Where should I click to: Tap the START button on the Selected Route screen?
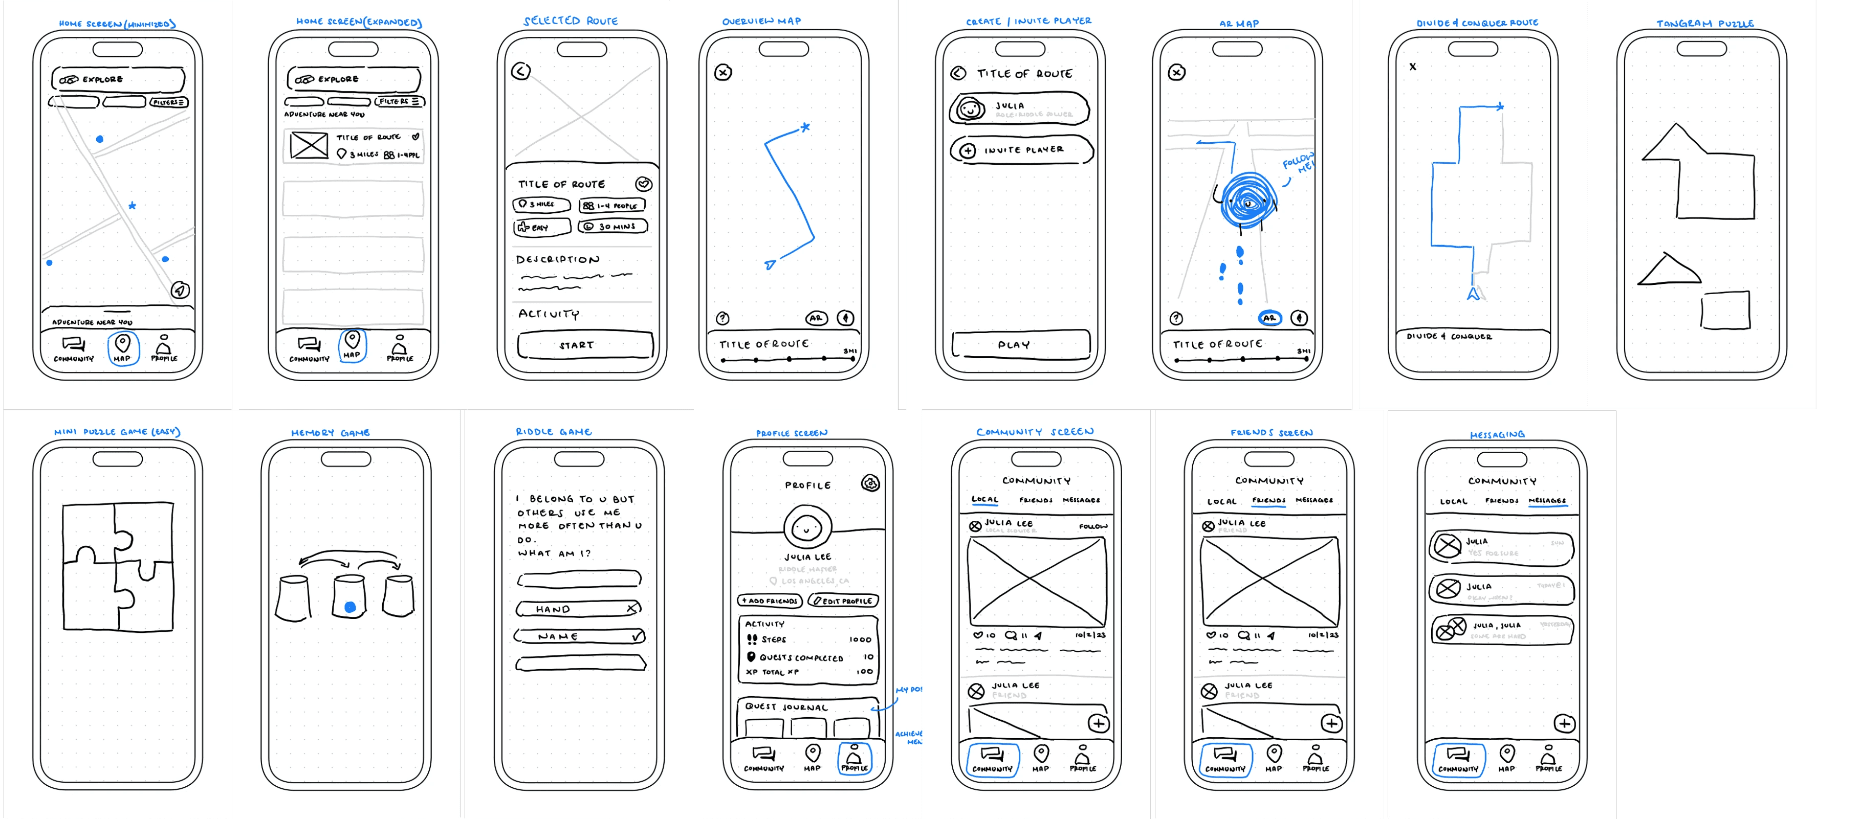pyautogui.click(x=584, y=345)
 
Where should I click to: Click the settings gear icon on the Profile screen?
pyautogui.click(x=870, y=483)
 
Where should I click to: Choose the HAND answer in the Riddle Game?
pyautogui.click(x=579, y=609)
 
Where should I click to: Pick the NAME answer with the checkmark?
pyautogui.click(x=579, y=636)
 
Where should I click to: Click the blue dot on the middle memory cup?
pyautogui.click(x=351, y=607)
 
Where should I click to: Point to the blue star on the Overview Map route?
pyautogui.click(x=805, y=127)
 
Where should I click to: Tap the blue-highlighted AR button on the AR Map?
pyautogui.click(x=1269, y=318)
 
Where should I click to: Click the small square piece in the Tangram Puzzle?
pyautogui.click(x=1725, y=311)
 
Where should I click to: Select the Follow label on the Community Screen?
pyautogui.click(x=1092, y=526)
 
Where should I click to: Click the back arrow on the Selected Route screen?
pyautogui.click(x=521, y=71)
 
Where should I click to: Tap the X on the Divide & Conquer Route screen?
pyautogui.click(x=1413, y=67)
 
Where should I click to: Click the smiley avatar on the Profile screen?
pyautogui.click(x=807, y=528)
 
